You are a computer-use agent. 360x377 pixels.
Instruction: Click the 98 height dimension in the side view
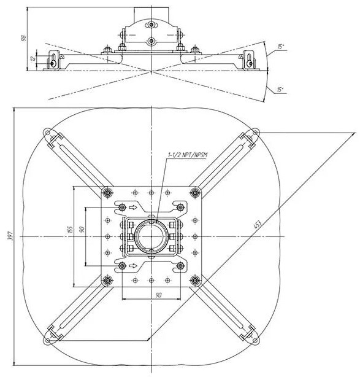coord(23,37)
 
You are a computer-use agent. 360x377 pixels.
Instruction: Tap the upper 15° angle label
coord(281,47)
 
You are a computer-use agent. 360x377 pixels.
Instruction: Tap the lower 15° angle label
coord(281,90)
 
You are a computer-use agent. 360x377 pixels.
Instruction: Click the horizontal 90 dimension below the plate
coord(158,295)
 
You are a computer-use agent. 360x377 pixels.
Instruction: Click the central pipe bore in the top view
coord(151,236)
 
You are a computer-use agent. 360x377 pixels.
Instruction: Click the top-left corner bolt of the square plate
coord(108,193)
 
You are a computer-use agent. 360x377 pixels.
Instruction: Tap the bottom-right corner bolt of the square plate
coord(194,280)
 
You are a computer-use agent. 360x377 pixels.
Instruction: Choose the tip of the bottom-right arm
coord(255,339)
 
